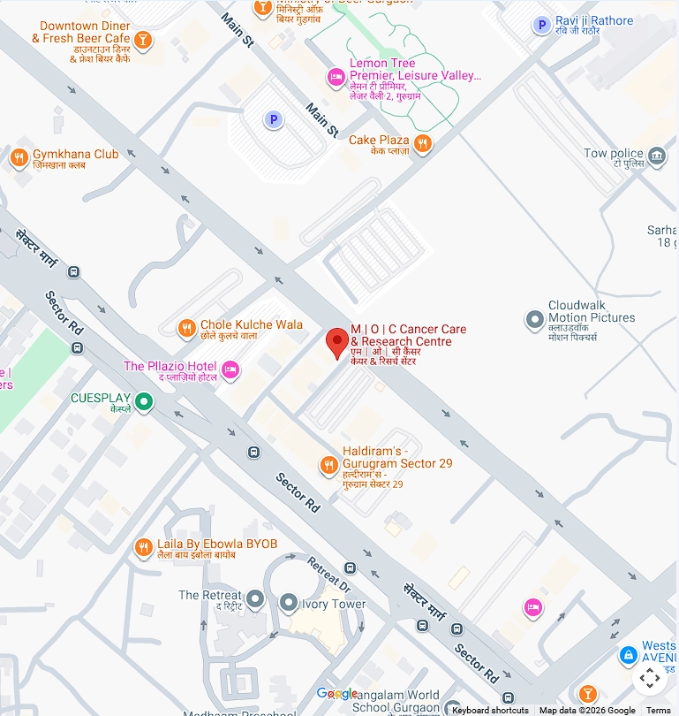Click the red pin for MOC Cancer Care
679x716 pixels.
(336, 342)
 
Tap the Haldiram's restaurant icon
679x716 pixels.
(328, 464)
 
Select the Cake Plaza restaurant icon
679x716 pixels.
(423, 143)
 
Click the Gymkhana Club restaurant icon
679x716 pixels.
(19, 158)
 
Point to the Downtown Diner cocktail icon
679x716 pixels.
(143, 40)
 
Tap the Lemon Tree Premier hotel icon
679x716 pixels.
(336, 78)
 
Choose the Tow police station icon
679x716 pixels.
(657, 157)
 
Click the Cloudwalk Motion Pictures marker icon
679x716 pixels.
(534, 317)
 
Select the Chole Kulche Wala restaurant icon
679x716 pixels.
(186, 329)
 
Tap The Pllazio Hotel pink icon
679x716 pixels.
(230, 369)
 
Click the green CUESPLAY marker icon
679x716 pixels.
(144, 403)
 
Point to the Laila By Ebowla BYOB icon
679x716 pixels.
(143, 548)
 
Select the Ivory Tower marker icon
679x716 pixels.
(288, 604)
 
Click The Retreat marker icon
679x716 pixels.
(255, 599)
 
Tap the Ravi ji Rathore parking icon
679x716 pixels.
(541, 26)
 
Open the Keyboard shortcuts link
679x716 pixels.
(490, 710)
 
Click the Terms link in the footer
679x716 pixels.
(659, 710)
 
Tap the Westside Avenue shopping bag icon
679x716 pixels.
(628, 656)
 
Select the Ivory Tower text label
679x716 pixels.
(336, 605)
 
